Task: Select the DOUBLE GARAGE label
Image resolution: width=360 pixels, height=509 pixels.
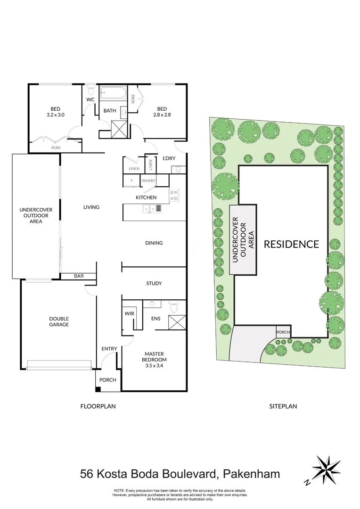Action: click(x=59, y=321)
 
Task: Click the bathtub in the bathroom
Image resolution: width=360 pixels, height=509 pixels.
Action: click(x=113, y=92)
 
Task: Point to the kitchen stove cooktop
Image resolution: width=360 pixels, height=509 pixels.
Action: click(x=174, y=195)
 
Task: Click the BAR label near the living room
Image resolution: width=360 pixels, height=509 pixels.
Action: click(x=78, y=276)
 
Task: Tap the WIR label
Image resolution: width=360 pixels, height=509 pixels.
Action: click(x=129, y=313)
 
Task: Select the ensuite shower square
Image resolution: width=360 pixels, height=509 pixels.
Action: click(x=177, y=324)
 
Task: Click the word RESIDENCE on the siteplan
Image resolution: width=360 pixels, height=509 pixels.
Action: click(x=291, y=244)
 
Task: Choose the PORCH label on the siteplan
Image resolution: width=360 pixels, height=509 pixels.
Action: click(x=283, y=332)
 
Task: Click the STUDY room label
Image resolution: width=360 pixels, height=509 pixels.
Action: click(x=154, y=283)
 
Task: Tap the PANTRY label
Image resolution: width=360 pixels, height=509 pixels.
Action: click(x=148, y=181)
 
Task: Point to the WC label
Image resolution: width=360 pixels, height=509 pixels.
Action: click(x=90, y=100)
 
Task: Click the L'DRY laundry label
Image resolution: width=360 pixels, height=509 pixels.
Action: click(x=169, y=158)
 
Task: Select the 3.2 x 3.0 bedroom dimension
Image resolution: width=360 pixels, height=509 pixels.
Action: click(x=55, y=115)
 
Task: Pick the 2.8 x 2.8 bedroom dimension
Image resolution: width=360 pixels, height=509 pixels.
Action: click(x=161, y=115)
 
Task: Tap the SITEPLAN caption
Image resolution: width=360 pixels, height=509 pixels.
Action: click(x=283, y=406)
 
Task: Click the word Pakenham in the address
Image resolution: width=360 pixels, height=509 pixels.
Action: click(x=252, y=474)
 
